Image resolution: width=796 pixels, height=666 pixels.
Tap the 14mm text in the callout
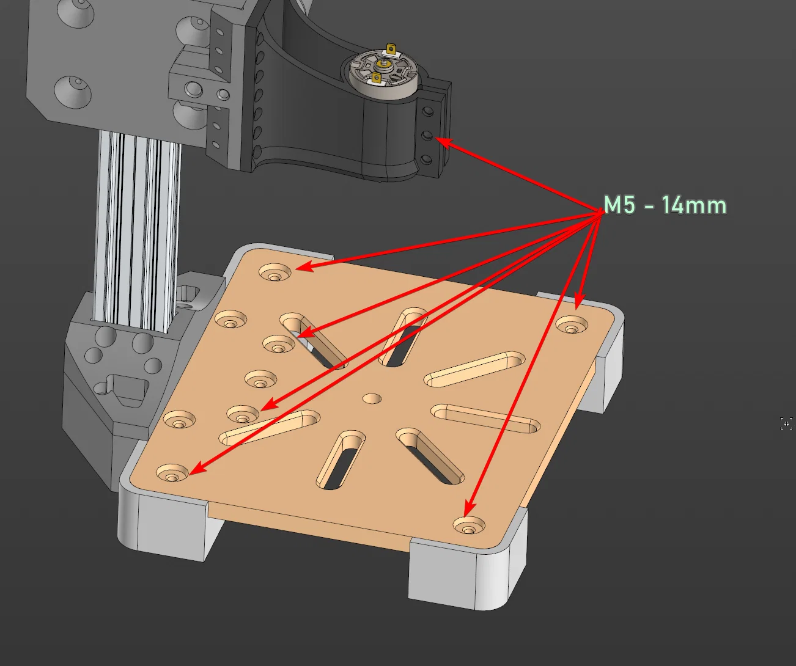click(695, 205)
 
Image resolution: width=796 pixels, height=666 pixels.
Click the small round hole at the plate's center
click(372, 398)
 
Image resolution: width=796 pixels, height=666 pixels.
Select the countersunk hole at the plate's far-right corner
click(572, 325)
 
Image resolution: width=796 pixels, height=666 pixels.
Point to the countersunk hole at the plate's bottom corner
click(469, 525)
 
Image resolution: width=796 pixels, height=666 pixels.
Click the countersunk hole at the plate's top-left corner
click(275, 273)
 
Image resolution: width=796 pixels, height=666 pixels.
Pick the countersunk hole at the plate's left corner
click(172, 473)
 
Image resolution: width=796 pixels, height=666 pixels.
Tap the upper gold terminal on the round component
click(391, 49)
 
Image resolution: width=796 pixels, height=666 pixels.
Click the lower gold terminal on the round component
click(377, 78)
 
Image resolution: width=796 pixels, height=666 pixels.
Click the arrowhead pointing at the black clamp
click(444, 142)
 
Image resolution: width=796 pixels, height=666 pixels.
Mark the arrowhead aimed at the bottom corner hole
click(470, 508)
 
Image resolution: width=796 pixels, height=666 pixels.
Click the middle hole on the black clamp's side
click(427, 134)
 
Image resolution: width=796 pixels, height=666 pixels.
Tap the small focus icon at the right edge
click(786, 423)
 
